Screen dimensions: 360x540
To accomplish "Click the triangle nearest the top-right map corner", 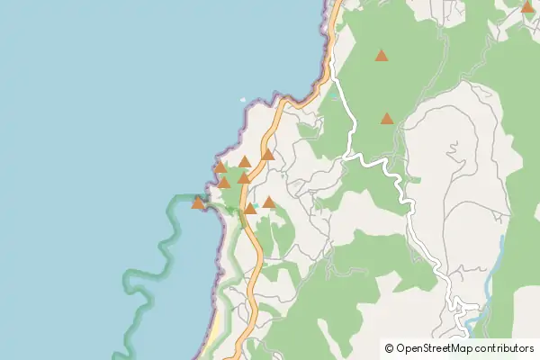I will point(526,7).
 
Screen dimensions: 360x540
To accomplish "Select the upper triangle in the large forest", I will point(382,56).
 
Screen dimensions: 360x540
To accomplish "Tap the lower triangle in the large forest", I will point(387,118).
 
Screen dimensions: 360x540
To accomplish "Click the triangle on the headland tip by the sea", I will point(198,203).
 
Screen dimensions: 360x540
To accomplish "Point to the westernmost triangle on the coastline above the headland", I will point(220,166).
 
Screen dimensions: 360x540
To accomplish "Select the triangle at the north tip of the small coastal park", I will point(244,162).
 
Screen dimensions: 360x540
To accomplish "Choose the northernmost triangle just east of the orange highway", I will point(268,154).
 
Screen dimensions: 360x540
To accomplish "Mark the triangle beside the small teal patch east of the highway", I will point(268,202).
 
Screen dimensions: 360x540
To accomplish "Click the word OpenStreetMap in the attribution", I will point(441,347).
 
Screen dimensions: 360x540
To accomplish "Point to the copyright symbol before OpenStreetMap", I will point(389,347).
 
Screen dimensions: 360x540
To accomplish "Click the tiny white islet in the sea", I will point(242,101).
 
